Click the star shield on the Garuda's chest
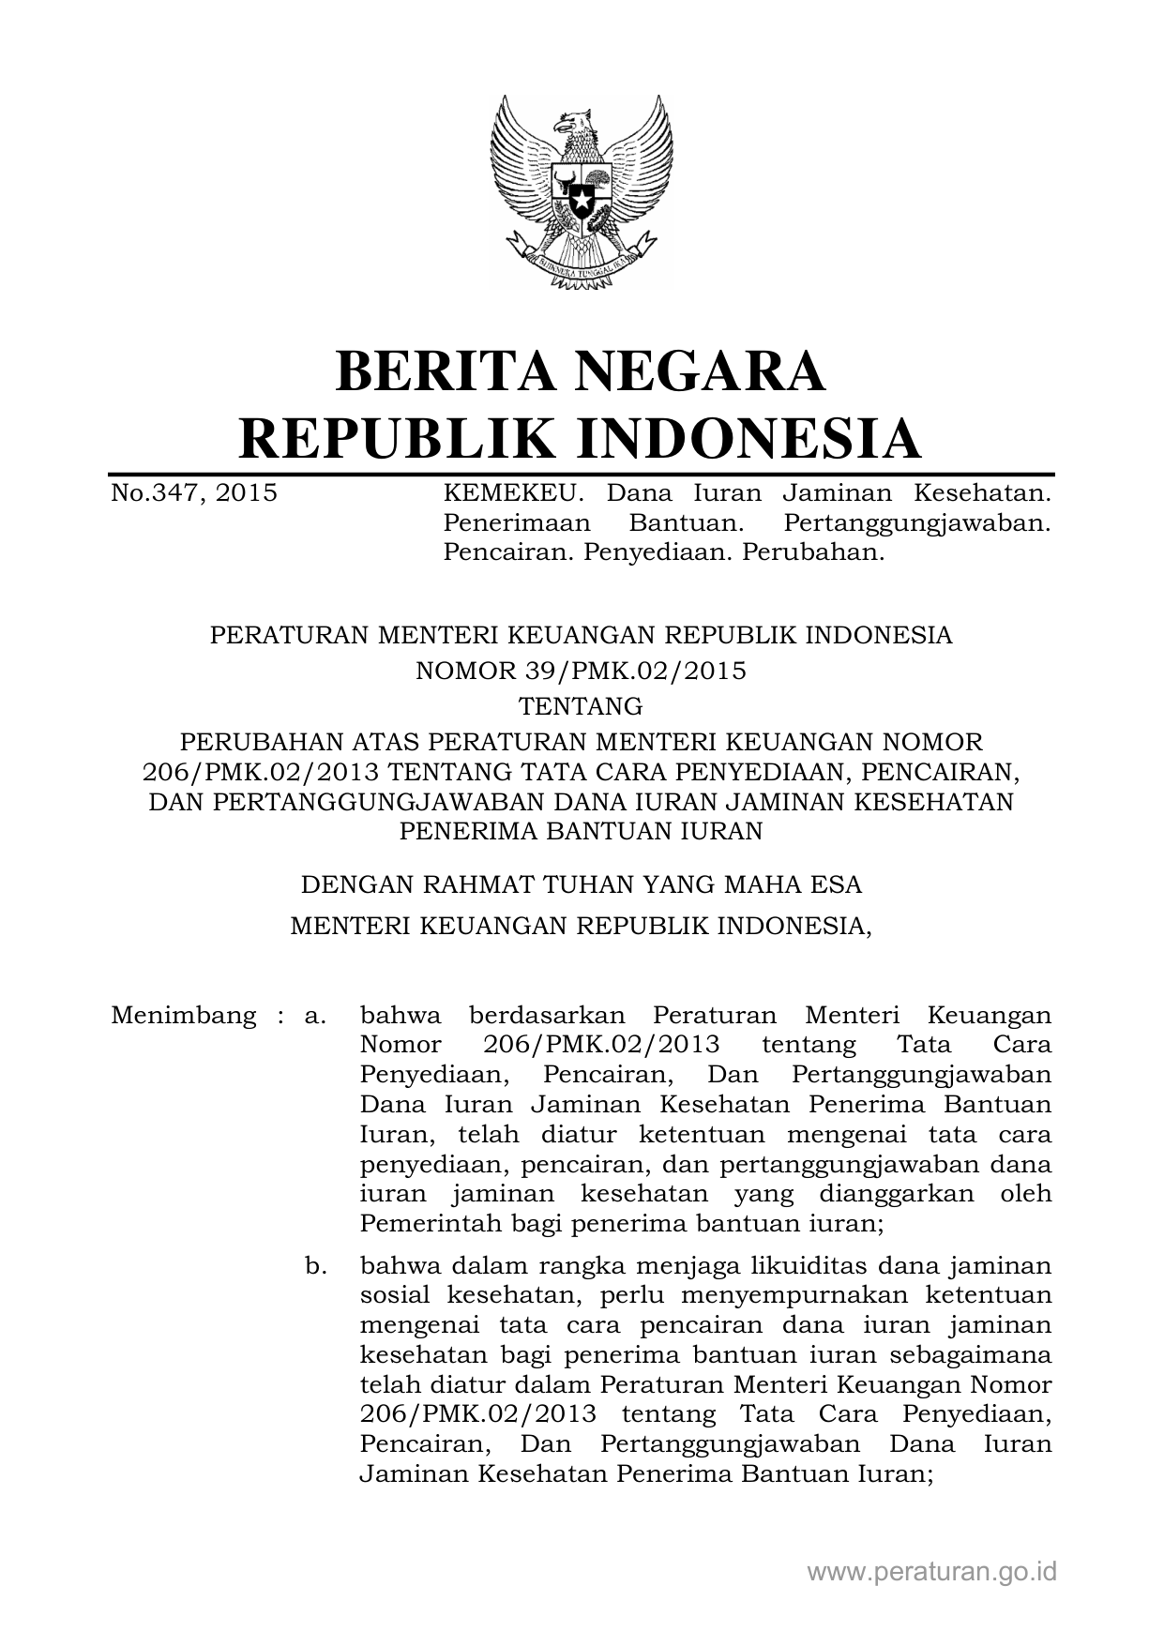pos(581,191)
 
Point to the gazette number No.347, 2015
pos(194,493)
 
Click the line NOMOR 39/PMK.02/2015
pos(581,671)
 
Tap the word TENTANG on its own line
pos(581,705)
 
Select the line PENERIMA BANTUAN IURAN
pos(581,830)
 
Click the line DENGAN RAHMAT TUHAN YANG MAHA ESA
pos(581,884)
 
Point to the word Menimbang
pos(183,1015)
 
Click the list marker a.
pos(315,1015)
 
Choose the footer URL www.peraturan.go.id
pos(931,1571)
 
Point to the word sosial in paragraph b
pos(394,1296)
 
